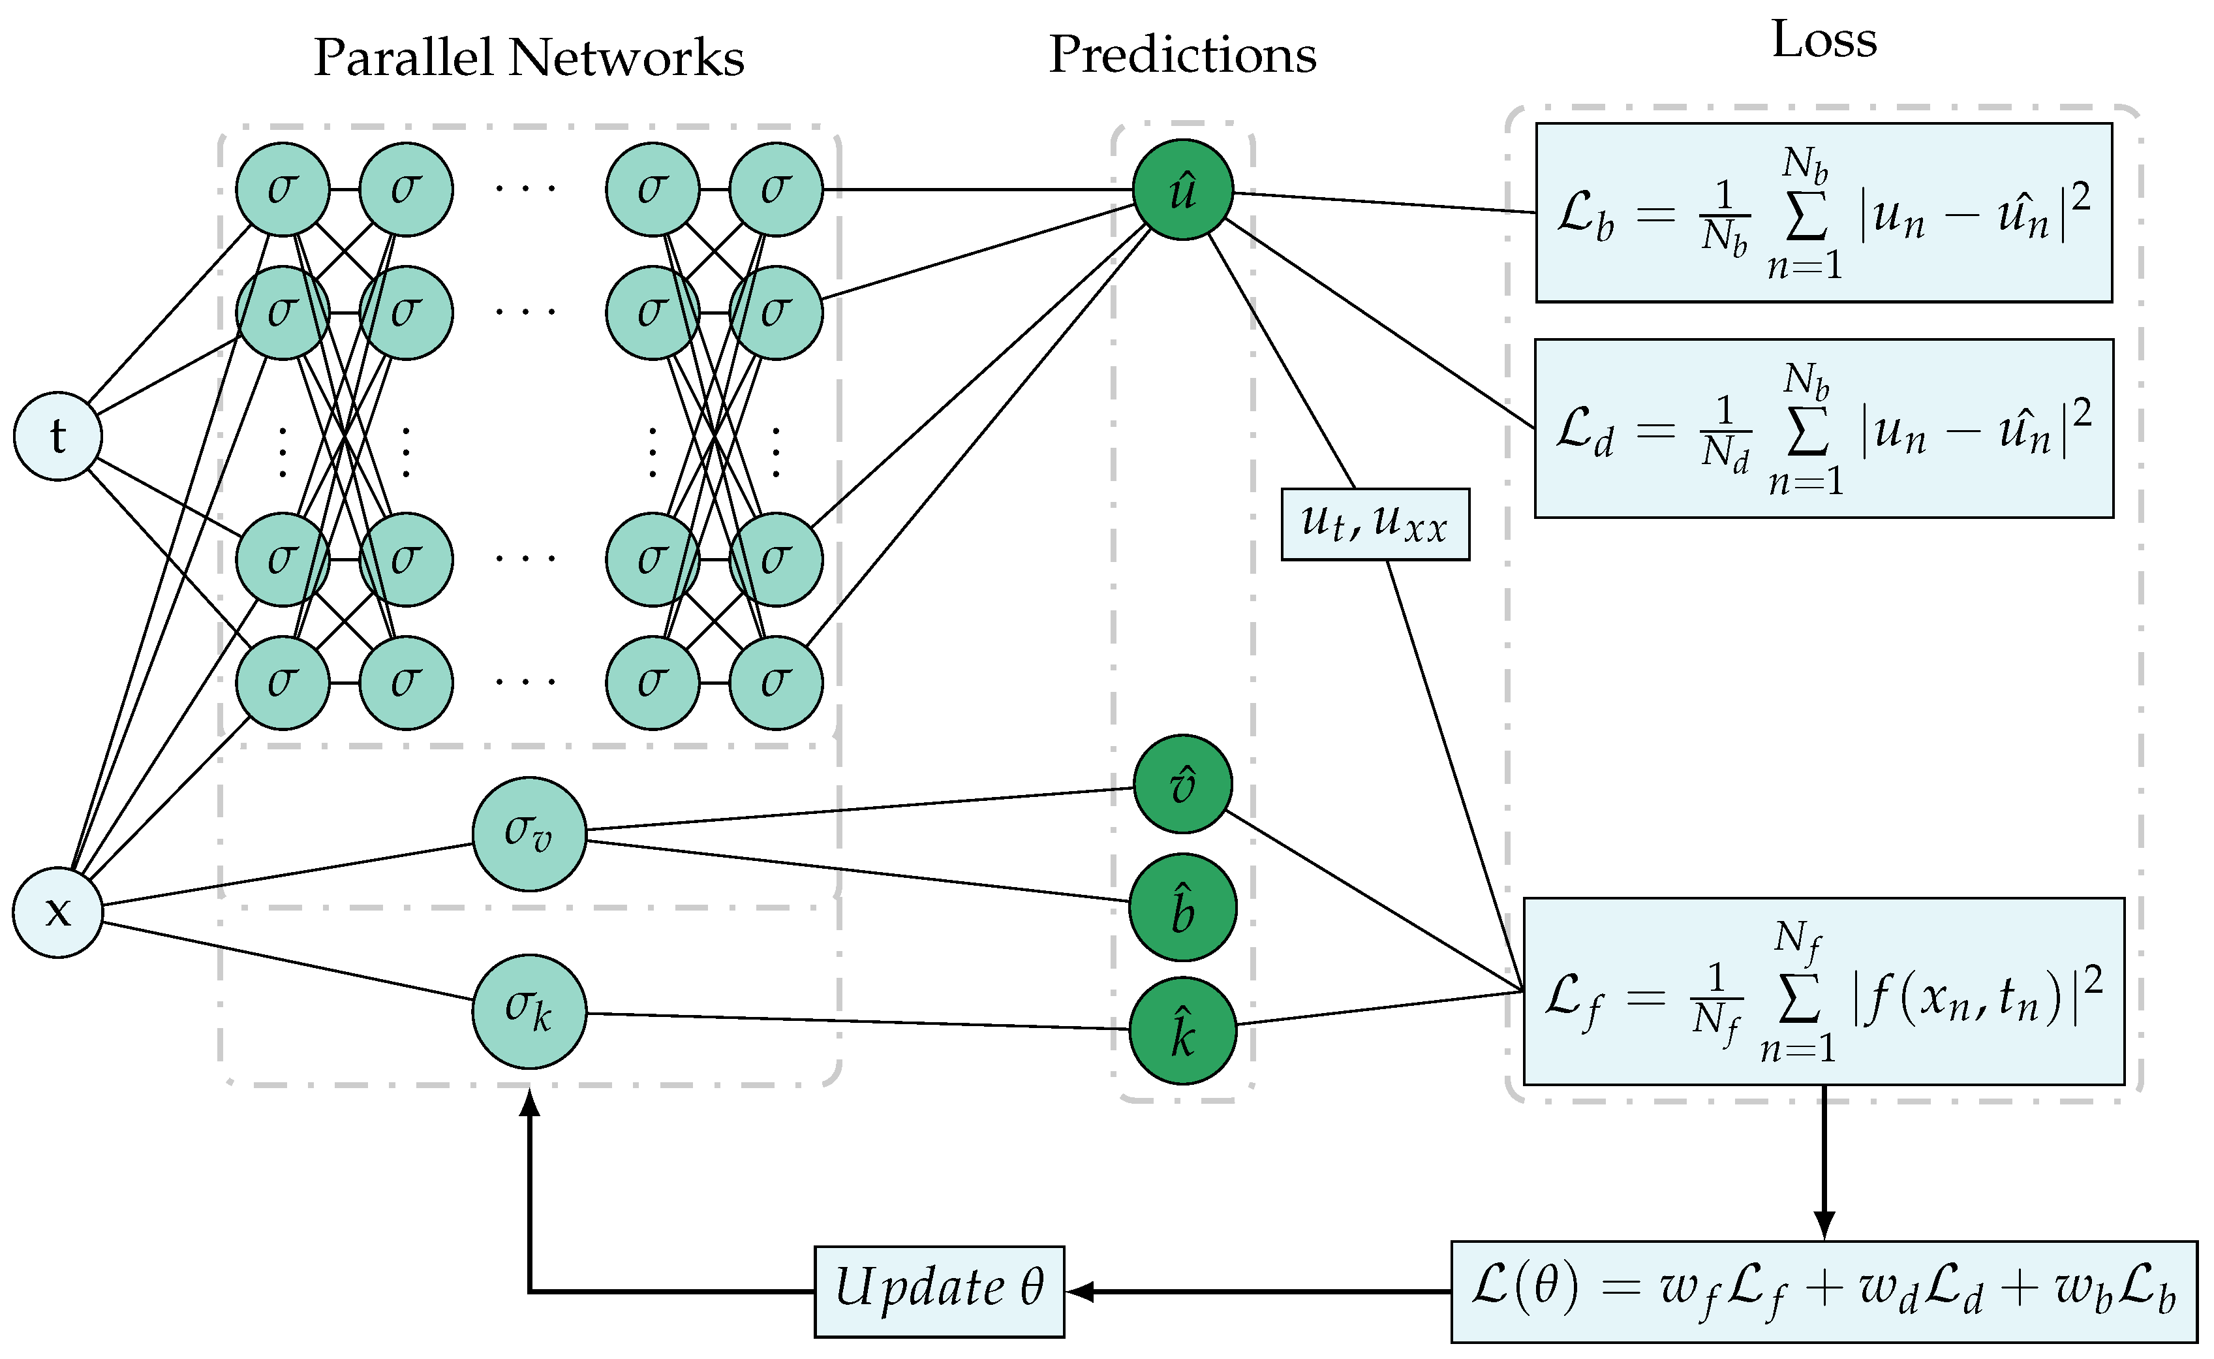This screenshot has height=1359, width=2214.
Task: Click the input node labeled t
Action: [57, 436]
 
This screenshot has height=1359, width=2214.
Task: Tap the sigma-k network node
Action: [529, 1011]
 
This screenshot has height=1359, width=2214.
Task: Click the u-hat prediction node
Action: [1182, 190]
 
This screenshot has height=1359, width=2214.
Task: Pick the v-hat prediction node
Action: [1182, 785]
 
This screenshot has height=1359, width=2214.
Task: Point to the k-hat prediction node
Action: [1182, 1031]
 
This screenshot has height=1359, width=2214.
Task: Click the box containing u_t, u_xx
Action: [1375, 524]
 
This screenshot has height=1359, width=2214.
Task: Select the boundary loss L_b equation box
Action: [1823, 212]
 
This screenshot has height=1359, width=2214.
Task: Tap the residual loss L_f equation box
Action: [1823, 992]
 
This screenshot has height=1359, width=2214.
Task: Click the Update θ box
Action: [939, 1292]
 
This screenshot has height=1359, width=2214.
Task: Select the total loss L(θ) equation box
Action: [1823, 1292]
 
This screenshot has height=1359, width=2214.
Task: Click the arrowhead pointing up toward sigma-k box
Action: [530, 1103]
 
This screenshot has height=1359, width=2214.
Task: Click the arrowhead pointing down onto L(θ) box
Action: [1823, 1224]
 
